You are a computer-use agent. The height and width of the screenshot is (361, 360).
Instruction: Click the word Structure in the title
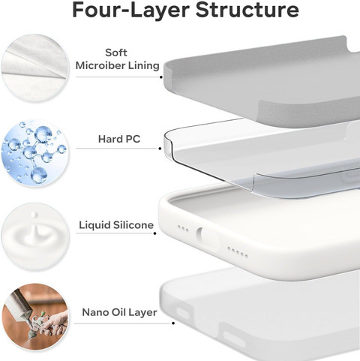pyautogui.click(x=247, y=10)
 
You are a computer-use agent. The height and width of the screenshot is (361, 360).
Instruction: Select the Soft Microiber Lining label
pyautogui.click(x=117, y=59)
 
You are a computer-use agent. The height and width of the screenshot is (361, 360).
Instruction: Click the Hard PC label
pyautogui.click(x=119, y=139)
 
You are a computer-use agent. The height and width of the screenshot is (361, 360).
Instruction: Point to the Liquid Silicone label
pyautogui.click(x=116, y=225)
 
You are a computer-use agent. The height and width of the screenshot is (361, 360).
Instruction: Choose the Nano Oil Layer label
pyautogui.click(x=119, y=312)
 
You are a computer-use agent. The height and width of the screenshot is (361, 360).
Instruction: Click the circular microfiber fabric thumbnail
pyautogui.click(x=34, y=68)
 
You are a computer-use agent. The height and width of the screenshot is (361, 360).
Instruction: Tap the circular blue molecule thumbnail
pyautogui.click(x=34, y=153)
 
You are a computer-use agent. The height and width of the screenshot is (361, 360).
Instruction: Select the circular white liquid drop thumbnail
pyautogui.click(x=34, y=236)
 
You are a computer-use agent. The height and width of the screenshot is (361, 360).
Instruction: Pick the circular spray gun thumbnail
pyautogui.click(x=34, y=317)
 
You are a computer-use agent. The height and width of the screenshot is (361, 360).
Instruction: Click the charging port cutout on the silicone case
pyautogui.click(x=199, y=234)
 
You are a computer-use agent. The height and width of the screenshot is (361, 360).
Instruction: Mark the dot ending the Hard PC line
pyautogui.click(x=160, y=149)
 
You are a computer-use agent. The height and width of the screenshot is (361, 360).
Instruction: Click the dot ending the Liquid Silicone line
pyautogui.click(x=155, y=233)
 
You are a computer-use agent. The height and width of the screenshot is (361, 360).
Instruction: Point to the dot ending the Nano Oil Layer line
pyautogui.click(x=173, y=323)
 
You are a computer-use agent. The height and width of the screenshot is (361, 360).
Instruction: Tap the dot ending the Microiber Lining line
pyautogui.click(x=161, y=77)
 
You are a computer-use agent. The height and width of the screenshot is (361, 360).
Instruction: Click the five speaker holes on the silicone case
pyautogui.click(x=238, y=252)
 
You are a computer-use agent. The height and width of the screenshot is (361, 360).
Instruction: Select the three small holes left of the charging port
pyautogui.click(x=183, y=229)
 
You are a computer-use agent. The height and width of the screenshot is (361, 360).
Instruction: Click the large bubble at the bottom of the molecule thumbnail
pyautogui.click(x=39, y=174)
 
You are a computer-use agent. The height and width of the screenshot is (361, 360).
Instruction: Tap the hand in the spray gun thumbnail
pyautogui.click(x=55, y=322)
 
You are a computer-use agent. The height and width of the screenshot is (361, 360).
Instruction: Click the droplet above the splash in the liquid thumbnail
pyautogui.click(x=34, y=215)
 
